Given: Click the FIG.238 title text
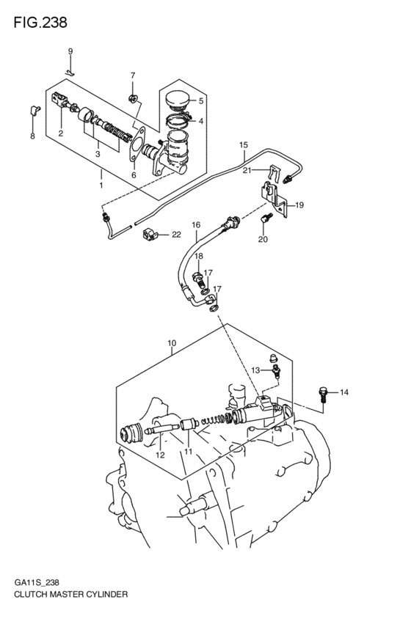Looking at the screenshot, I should click(x=40, y=23).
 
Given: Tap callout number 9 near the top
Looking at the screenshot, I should click(x=70, y=51).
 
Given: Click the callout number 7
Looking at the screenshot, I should click(x=133, y=76).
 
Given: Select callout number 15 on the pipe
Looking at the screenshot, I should click(x=243, y=146).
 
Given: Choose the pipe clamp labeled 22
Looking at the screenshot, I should click(x=150, y=235).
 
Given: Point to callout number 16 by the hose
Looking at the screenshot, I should click(x=196, y=224).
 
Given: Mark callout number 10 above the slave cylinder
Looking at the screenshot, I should click(x=171, y=342).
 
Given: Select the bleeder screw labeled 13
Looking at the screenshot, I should click(x=274, y=367).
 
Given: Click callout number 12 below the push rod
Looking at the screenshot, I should click(x=160, y=455).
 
